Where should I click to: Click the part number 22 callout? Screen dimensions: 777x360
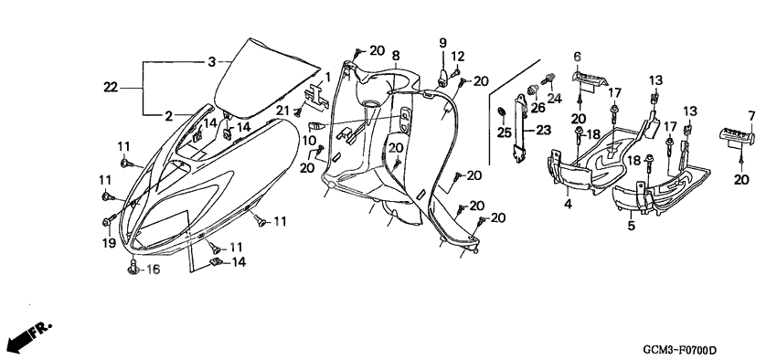tap(111, 88)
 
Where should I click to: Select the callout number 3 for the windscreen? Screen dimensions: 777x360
tap(211, 62)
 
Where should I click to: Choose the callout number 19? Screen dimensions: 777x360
tap(109, 244)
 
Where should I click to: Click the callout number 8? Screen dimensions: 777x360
tap(396, 55)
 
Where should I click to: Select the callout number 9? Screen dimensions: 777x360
tap(442, 43)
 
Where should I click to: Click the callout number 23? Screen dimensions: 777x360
tap(543, 131)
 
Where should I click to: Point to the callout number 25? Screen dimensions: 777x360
tap(504, 132)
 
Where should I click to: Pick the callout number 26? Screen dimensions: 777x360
tap(537, 108)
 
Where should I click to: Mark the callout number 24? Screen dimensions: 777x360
tap(555, 99)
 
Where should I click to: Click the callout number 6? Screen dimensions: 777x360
tap(578, 57)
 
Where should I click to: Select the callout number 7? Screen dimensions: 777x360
tap(751, 116)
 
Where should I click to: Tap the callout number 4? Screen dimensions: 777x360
tap(568, 204)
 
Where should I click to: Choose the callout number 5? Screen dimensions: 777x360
tap(632, 226)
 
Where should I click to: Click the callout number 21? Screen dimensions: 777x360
tap(282, 111)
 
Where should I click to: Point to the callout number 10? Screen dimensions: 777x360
tap(309, 140)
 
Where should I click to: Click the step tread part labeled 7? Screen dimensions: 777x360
tap(737, 135)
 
